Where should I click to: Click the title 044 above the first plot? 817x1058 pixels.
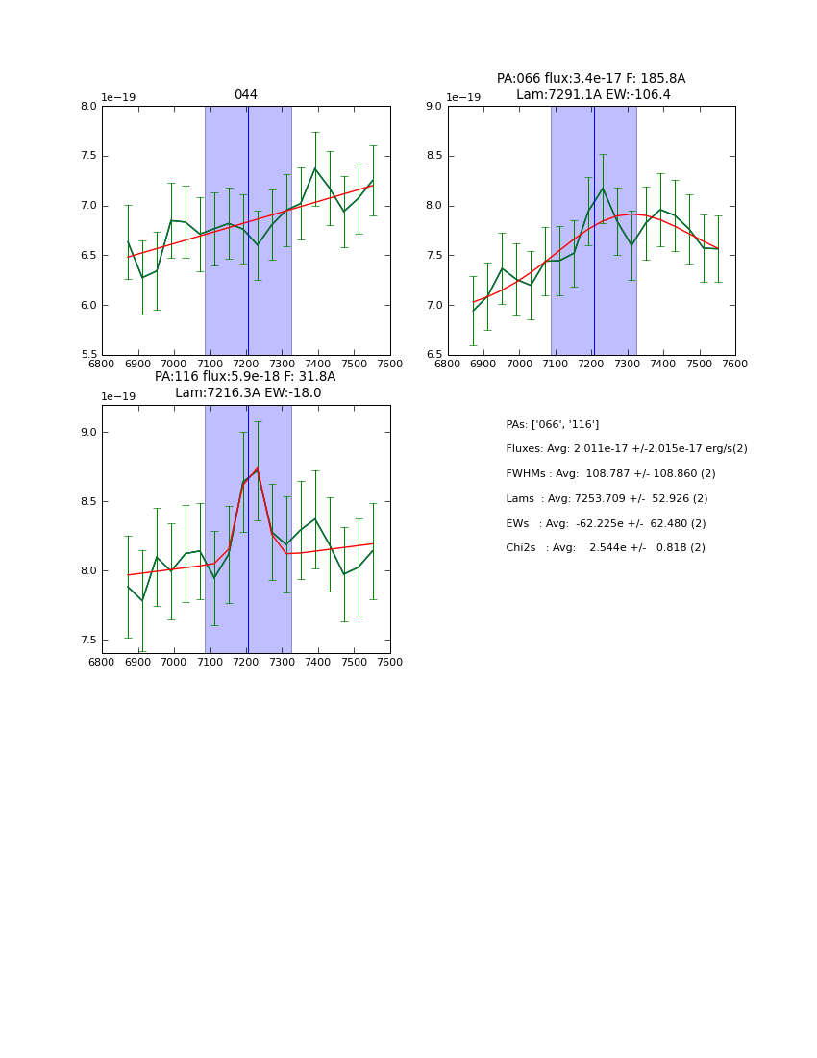pyautogui.click(x=246, y=95)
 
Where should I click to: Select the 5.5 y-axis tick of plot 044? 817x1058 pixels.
pyautogui.click(x=88, y=355)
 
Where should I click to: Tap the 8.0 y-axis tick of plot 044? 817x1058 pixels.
pyautogui.click(x=88, y=107)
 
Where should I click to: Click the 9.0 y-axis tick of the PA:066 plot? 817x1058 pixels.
pyautogui.click(x=433, y=107)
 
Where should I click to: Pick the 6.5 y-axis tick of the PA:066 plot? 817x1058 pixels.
pyautogui.click(x=433, y=355)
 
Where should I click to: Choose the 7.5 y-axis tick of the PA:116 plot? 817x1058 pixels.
pyautogui.click(x=88, y=640)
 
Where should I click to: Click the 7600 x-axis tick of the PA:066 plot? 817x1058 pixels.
pyautogui.click(x=735, y=365)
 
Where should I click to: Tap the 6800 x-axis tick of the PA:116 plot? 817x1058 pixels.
pyautogui.click(x=102, y=663)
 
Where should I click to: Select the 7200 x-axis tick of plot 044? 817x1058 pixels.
pyautogui.click(x=246, y=365)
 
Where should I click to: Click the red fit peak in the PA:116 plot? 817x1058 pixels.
pyautogui.click(x=257, y=468)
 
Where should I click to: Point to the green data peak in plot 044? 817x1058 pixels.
pyautogui.click(x=314, y=168)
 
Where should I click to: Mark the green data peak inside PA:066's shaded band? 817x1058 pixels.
pyautogui.click(x=603, y=188)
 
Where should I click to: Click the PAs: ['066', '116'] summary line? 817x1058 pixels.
pyautogui.click(x=553, y=424)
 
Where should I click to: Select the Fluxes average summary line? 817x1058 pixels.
pyautogui.click(x=626, y=449)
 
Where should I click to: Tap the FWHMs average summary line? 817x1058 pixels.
pyautogui.click(x=610, y=474)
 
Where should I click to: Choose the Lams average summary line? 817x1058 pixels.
pyautogui.click(x=607, y=499)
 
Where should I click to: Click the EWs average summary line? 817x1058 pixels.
pyautogui.click(x=606, y=523)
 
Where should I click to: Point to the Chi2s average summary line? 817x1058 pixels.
pyautogui.click(x=606, y=548)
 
